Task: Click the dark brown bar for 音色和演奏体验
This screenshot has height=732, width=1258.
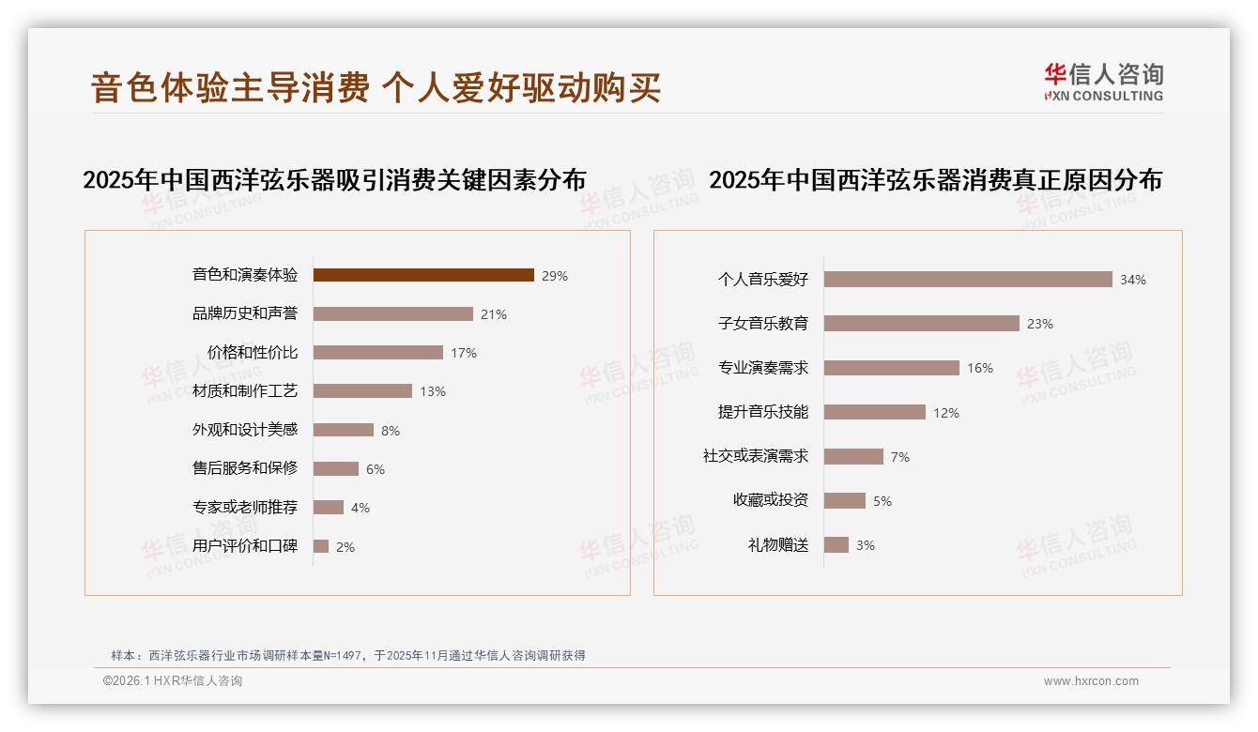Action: click(423, 275)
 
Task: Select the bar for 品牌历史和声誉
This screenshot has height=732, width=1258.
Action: click(392, 313)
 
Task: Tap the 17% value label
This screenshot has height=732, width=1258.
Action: click(464, 353)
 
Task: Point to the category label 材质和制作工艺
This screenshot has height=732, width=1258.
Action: click(245, 390)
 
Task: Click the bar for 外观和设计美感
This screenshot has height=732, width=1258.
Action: click(343, 430)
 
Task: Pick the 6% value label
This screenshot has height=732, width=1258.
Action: click(376, 469)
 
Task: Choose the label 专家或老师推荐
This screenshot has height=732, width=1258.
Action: click(245, 508)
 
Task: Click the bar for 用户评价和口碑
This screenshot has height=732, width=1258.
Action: click(321, 546)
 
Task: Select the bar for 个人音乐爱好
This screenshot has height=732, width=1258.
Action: click(968, 279)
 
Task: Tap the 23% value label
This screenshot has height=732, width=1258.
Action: click(1040, 324)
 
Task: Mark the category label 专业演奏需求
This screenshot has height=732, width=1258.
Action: click(763, 368)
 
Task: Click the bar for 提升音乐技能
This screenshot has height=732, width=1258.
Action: click(875, 412)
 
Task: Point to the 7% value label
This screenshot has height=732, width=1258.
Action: click(899, 457)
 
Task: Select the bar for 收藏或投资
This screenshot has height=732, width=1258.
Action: click(845, 500)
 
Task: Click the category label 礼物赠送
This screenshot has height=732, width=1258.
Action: click(778, 544)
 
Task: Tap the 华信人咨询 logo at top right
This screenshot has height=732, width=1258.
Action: click(1103, 83)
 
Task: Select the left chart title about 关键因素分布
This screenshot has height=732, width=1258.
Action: click(334, 179)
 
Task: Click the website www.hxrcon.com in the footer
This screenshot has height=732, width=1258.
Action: click(1091, 681)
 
